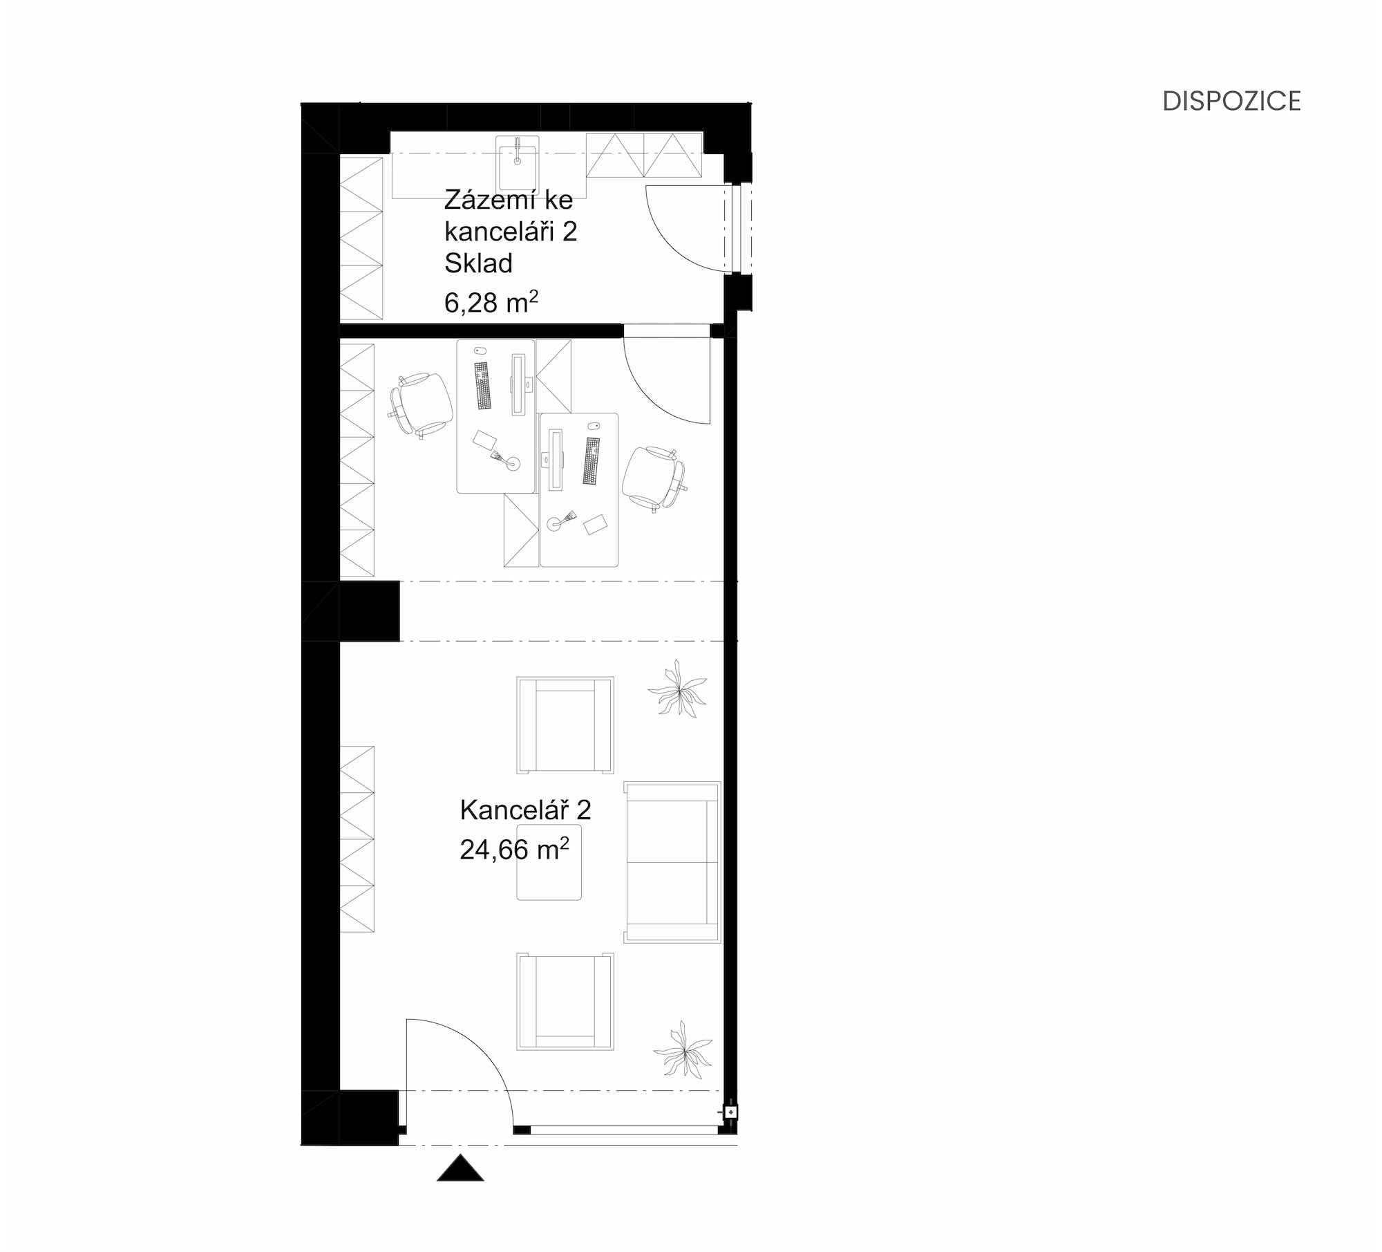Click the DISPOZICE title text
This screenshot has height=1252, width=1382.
(1231, 101)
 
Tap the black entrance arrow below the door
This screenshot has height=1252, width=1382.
(460, 1168)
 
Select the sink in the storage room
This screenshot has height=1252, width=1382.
(517, 162)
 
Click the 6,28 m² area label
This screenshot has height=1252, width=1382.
(491, 302)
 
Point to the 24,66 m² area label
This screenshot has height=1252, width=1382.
(514, 849)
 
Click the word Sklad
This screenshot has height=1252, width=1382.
(478, 263)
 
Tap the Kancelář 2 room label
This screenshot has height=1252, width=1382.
(525, 810)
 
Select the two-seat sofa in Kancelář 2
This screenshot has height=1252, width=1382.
(672, 862)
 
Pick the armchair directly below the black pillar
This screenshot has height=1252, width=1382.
(565, 725)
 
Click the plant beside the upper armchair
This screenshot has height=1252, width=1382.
(679, 689)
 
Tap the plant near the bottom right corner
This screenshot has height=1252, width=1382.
(683, 1048)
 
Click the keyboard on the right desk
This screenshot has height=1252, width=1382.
(591, 461)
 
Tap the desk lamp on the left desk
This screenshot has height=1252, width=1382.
(506, 460)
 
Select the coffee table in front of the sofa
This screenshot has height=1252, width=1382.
(549, 862)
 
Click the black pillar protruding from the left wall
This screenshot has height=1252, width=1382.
(370, 611)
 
